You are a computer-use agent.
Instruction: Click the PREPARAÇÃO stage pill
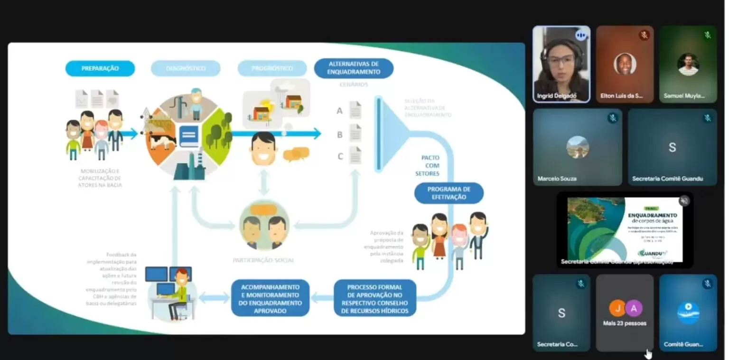pyautogui.click(x=100, y=68)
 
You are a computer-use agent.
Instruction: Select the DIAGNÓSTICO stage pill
pyautogui.click(x=186, y=68)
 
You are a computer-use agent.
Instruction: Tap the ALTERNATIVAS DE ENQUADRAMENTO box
pyautogui.click(x=354, y=68)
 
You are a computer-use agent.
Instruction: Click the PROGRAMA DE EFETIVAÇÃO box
pyautogui.click(x=449, y=193)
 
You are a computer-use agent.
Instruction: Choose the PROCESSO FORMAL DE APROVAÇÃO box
pyautogui.click(x=374, y=298)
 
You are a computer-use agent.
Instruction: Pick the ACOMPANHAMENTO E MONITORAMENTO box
pyautogui.click(x=270, y=298)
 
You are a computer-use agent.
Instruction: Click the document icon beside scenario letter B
pyautogui.click(x=355, y=133)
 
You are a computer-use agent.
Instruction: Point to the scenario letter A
pyautogui.click(x=339, y=111)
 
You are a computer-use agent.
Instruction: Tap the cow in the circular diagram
pyautogui.click(x=162, y=140)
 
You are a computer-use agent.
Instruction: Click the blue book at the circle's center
pyautogui.click(x=189, y=136)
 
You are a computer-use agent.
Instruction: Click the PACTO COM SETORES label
pyautogui.click(x=430, y=165)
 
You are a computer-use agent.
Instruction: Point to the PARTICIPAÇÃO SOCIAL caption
pyautogui.click(x=263, y=260)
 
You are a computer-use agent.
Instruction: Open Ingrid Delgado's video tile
pyautogui.click(x=561, y=64)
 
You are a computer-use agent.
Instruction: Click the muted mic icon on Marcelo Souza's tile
pyautogui.click(x=613, y=118)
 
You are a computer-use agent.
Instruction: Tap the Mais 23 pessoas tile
pyautogui.click(x=625, y=313)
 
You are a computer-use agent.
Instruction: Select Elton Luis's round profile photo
pyautogui.click(x=625, y=64)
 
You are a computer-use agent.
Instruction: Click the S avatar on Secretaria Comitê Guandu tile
pyautogui.click(x=672, y=147)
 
